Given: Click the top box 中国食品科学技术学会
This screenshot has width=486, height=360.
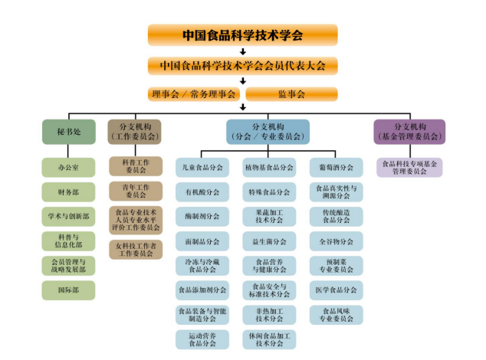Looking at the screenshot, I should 242,34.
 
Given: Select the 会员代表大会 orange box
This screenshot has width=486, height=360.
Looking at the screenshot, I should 242,65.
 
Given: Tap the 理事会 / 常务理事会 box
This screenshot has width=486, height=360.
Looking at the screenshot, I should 194,94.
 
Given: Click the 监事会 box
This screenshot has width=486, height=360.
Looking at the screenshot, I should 291,94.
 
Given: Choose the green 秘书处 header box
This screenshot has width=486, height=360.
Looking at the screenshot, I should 68,132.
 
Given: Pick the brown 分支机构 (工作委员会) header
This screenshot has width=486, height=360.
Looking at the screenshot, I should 136,132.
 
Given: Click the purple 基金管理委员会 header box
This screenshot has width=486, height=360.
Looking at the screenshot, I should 409,132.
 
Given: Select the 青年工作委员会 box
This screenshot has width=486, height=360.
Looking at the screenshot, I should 136,191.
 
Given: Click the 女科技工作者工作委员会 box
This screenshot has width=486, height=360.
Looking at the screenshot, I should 136,249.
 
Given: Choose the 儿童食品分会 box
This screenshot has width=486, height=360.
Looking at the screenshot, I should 202,167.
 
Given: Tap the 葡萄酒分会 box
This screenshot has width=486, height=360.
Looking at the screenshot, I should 337,167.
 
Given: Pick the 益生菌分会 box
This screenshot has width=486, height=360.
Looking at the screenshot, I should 269,241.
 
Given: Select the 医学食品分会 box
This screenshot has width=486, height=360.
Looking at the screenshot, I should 337,290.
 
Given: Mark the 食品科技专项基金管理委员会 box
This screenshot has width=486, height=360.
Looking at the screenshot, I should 409,167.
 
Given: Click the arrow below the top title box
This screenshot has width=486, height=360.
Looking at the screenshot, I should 242,51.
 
